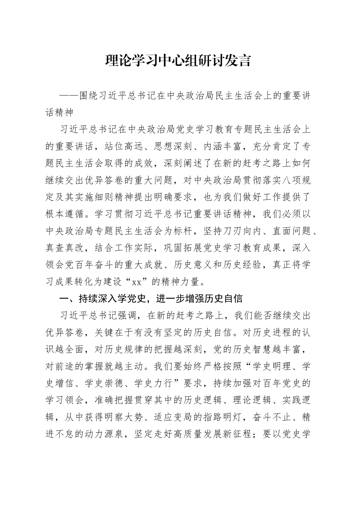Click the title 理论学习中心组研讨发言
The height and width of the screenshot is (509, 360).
[178, 61]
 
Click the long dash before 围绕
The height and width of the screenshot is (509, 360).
[70, 96]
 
